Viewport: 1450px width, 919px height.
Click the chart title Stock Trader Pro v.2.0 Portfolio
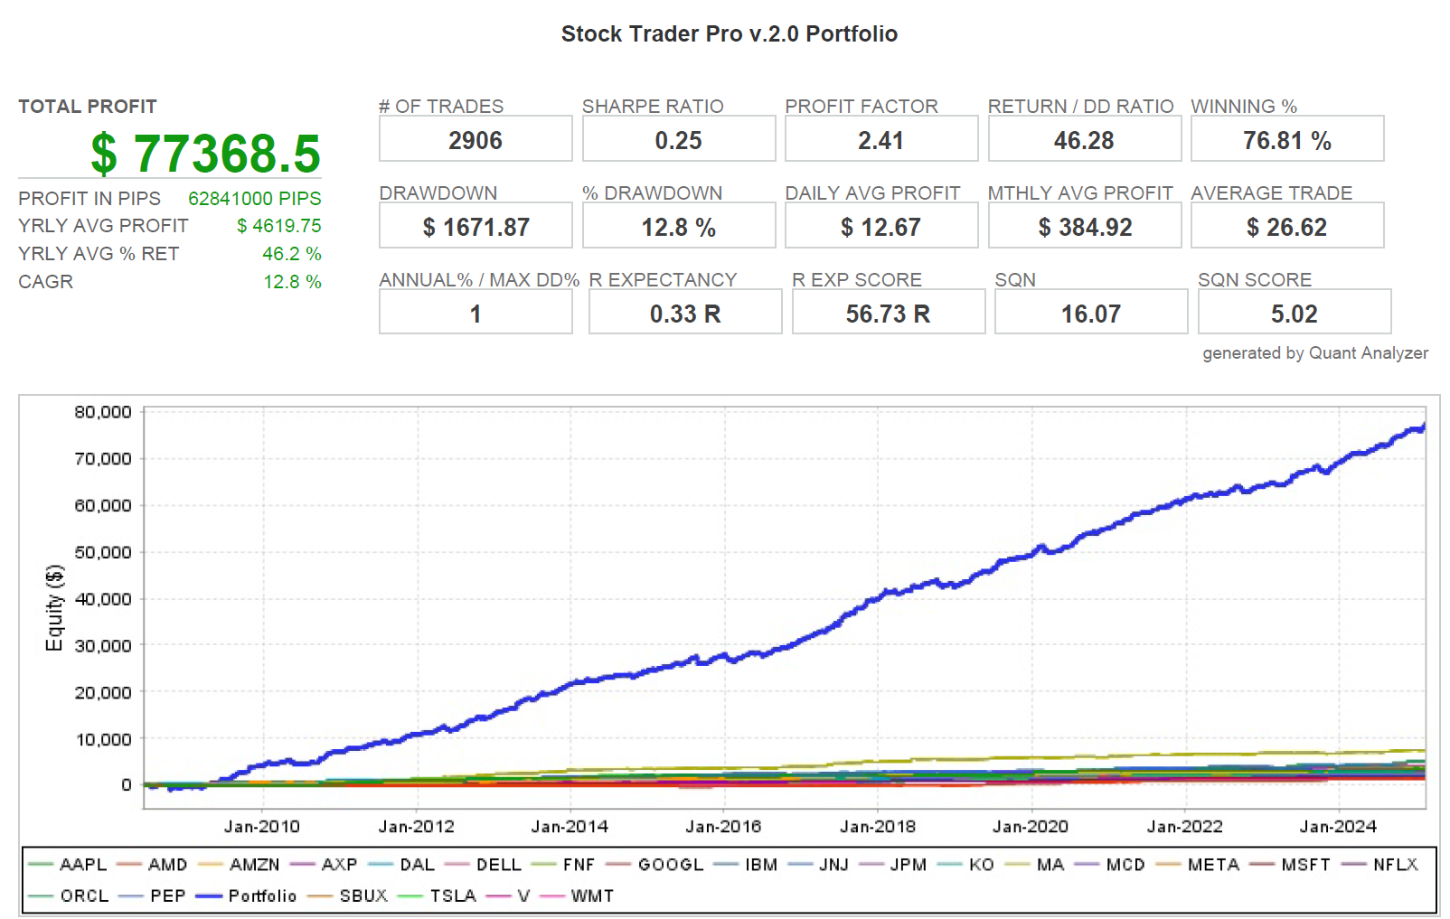(x=729, y=34)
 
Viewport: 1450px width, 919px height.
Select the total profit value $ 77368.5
(x=205, y=154)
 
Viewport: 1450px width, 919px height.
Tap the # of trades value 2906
(x=475, y=141)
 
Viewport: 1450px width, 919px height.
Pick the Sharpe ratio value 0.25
(x=678, y=141)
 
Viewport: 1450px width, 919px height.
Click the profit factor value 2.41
(x=880, y=141)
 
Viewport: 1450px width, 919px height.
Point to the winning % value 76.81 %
(x=1286, y=141)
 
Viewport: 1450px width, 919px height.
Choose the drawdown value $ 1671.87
(x=475, y=228)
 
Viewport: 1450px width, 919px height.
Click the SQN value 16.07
(x=1090, y=314)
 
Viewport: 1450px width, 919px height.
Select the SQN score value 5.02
(x=1294, y=314)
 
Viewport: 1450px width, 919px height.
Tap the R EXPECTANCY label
(x=663, y=280)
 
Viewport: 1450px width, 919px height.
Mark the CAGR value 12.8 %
(x=292, y=282)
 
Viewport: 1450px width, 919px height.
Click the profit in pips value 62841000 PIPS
(x=254, y=199)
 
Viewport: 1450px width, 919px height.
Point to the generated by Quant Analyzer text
(x=1314, y=353)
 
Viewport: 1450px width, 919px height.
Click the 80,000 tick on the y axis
(x=103, y=412)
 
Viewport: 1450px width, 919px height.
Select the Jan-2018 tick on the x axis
(x=877, y=827)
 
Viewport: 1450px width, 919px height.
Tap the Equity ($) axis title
(x=55, y=607)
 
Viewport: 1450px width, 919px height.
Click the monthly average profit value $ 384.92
(x=1084, y=228)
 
